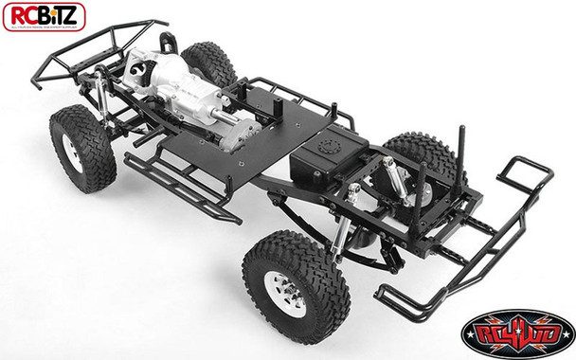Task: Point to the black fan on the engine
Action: coord(138,75)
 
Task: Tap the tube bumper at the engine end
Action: coord(72,57)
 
